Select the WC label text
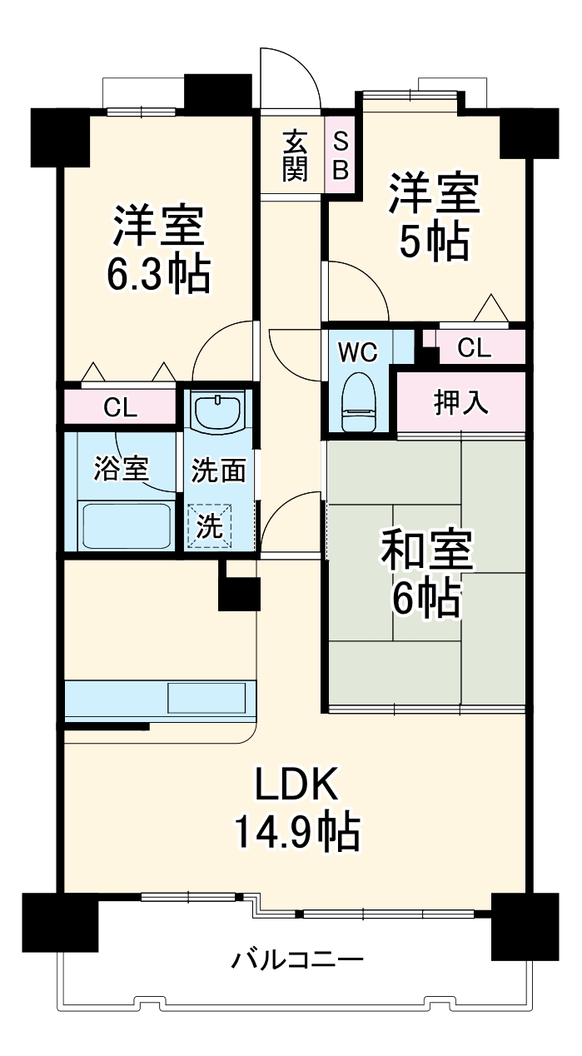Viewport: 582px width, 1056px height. [x=357, y=352]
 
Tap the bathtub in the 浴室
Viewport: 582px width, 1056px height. [x=127, y=525]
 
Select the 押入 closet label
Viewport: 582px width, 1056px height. [x=460, y=403]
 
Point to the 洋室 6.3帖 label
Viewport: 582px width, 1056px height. [x=157, y=248]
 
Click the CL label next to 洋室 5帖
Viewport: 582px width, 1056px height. [x=474, y=348]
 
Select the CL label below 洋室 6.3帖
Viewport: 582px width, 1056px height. [x=121, y=407]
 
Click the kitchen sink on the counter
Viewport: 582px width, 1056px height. [x=206, y=697]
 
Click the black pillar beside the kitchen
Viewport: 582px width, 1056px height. [x=239, y=586]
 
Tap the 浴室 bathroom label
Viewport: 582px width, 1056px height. [x=120, y=470]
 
